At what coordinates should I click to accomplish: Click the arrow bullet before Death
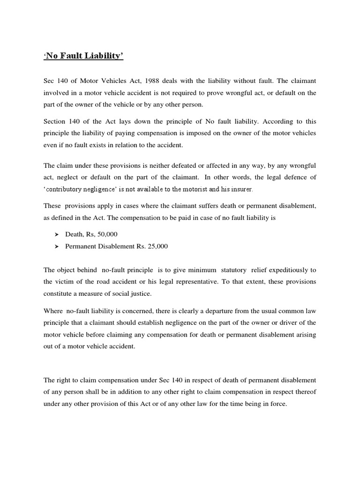(57, 234)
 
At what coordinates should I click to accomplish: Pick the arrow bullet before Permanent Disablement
(57, 246)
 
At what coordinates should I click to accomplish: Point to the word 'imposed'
(205, 133)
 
